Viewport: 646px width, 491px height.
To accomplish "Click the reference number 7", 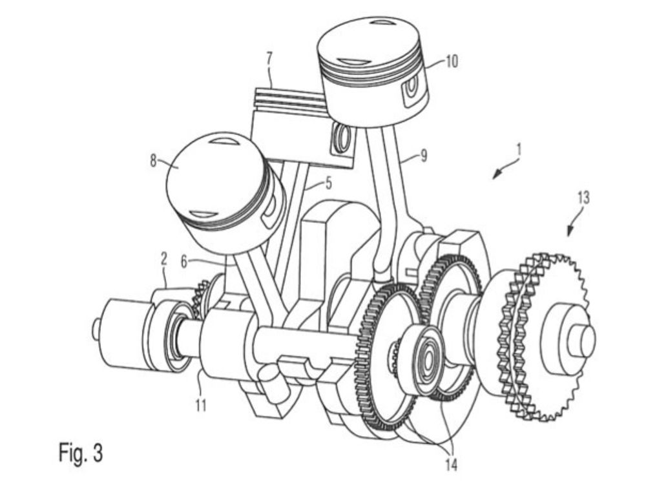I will pyautogui.click(x=269, y=58).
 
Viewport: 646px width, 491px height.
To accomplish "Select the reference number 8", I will pyautogui.click(x=153, y=161).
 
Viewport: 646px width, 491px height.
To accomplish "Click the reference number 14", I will pyautogui.click(x=450, y=465).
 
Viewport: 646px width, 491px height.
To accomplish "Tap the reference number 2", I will pyautogui.click(x=163, y=259).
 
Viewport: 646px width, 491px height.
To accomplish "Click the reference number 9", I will pyautogui.click(x=424, y=156).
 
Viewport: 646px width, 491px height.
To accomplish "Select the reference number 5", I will pyautogui.click(x=328, y=183).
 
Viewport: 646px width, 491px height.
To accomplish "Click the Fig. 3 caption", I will pyautogui.click(x=80, y=452).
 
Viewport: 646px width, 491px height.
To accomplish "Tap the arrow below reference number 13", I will pyautogui.click(x=573, y=227).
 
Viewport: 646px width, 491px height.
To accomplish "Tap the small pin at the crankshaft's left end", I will pyautogui.click(x=97, y=329).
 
